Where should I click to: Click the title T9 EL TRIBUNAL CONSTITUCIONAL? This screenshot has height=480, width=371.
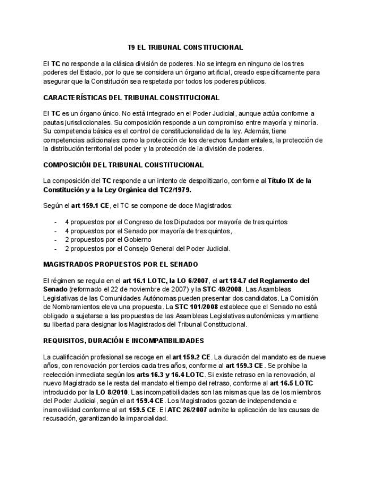[185, 48]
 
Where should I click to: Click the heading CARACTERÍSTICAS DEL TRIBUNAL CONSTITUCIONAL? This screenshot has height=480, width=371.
[131, 97]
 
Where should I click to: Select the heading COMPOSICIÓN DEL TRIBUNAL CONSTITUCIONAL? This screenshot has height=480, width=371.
[123, 165]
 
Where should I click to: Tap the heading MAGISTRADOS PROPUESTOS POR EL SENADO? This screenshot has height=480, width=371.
[121, 264]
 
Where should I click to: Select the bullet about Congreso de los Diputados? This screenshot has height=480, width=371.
[176, 221]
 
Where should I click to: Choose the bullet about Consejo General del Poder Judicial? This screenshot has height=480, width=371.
[147, 248]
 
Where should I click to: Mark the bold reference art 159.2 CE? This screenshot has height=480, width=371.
[193, 357]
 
